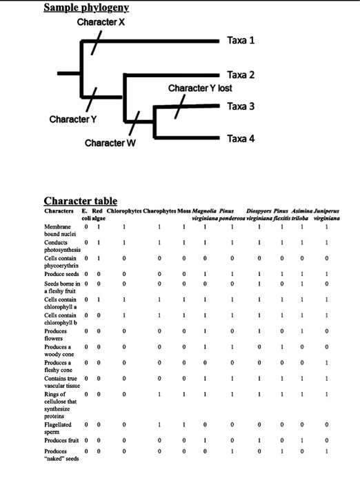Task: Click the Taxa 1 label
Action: (241, 40)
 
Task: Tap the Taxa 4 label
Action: (241, 139)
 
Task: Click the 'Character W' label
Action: (110, 143)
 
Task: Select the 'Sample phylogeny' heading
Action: (86, 8)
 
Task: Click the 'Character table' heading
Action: (80, 201)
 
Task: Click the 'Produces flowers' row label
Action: (57, 335)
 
